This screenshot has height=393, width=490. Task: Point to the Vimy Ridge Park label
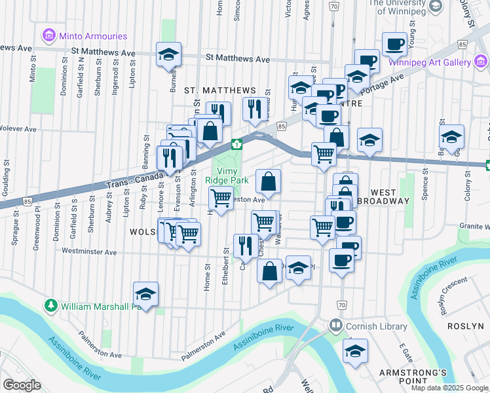[x=227, y=174]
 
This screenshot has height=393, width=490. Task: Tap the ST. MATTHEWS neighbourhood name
[x=219, y=90]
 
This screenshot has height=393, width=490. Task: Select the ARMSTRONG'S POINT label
[x=413, y=373]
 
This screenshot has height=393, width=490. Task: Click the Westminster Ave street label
[x=89, y=252]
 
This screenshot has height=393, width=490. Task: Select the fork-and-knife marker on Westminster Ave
[x=246, y=246]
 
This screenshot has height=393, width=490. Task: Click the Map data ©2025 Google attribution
[x=449, y=388]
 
